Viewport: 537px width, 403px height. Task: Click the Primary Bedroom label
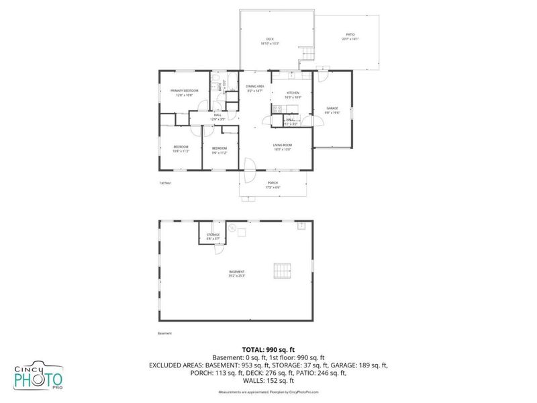[x=184, y=92]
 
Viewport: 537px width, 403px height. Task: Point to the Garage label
[x=332, y=109]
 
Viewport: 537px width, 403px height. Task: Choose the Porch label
[x=273, y=185]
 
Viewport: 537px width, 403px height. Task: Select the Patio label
[x=350, y=36]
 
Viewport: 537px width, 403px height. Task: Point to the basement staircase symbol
[x=282, y=271]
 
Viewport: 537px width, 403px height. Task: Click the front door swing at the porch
[x=248, y=169]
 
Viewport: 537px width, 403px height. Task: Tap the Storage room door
[x=218, y=249]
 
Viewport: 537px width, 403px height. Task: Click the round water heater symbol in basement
[x=232, y=228]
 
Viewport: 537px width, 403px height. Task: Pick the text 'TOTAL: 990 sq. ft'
[x=268, y=350]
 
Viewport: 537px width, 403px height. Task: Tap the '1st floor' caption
[x=164, y=182]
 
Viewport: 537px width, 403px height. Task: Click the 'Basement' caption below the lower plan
[x=165, y=333]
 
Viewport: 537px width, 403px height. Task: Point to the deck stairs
[x=307, y=53]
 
